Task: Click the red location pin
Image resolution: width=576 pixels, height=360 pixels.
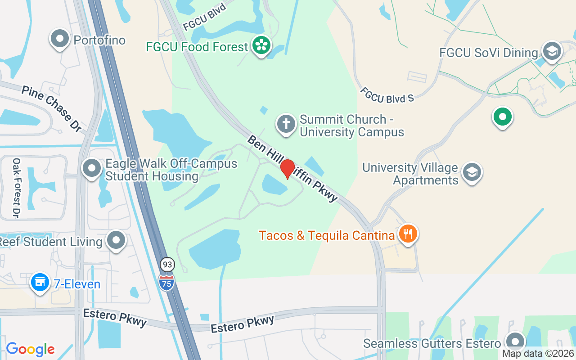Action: point(288,169)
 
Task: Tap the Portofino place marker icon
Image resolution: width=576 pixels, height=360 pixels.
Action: point(60,39)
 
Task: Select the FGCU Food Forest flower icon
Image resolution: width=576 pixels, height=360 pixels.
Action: point(261,45)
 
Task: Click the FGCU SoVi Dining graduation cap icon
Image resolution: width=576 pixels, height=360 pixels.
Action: point(552,51)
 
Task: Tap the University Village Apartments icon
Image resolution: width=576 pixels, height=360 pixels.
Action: point(472,172)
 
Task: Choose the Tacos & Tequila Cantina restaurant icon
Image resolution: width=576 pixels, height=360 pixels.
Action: point(408,234)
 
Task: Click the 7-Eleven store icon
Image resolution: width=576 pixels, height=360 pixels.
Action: point(40,283)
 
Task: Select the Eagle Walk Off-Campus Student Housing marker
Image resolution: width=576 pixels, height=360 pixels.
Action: point(92,169)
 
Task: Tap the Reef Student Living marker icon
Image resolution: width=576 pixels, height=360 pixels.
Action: point(117,240)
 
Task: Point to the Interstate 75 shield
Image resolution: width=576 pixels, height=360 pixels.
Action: point(166,282)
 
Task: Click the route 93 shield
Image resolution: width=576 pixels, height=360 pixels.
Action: point(167,265)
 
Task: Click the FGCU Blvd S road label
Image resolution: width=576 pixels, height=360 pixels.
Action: point(387,94)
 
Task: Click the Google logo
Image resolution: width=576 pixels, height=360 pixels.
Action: point(30,349)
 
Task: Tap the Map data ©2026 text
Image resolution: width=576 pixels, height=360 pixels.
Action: point(538,354)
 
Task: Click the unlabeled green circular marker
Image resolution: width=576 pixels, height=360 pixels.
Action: point(502,117)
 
